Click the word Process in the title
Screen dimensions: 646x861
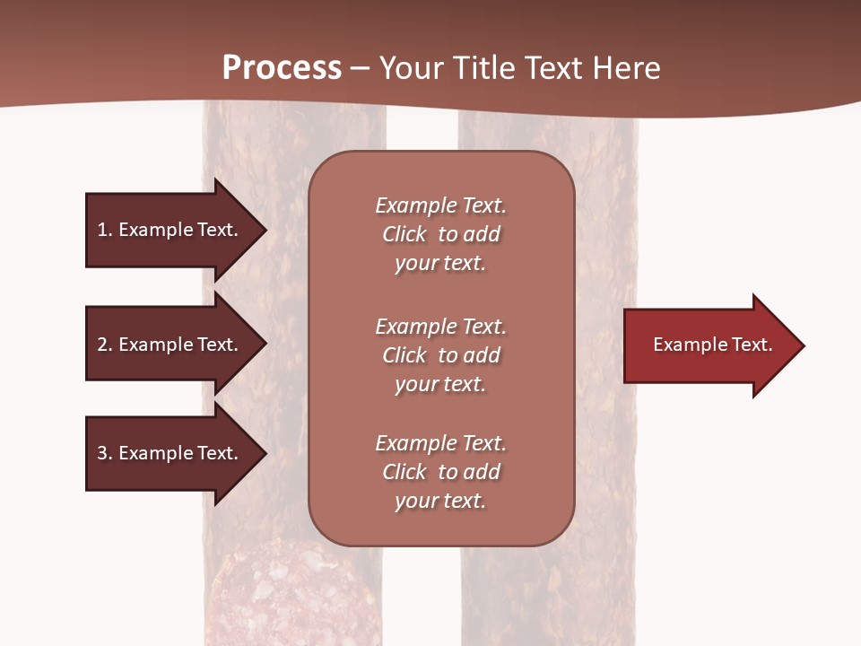pyautogui.click(x=282, y=68)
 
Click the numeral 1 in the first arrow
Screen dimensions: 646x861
pyautogui.click(x=102, y=230)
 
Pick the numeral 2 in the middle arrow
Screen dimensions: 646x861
pyautogui.click(x=102, y=345)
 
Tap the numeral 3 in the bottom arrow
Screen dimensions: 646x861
pyautogui.click(x=102, y=453)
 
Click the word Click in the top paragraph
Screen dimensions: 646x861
pyautogui.click(x=404, y=234)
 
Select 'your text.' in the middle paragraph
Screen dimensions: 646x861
pyautogui.click(x=440, y=384)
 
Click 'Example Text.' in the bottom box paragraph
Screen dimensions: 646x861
pyautogui.click(x=440, y=443)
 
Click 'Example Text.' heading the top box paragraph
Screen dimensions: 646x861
pyautogui.click(x=440, y=205)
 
